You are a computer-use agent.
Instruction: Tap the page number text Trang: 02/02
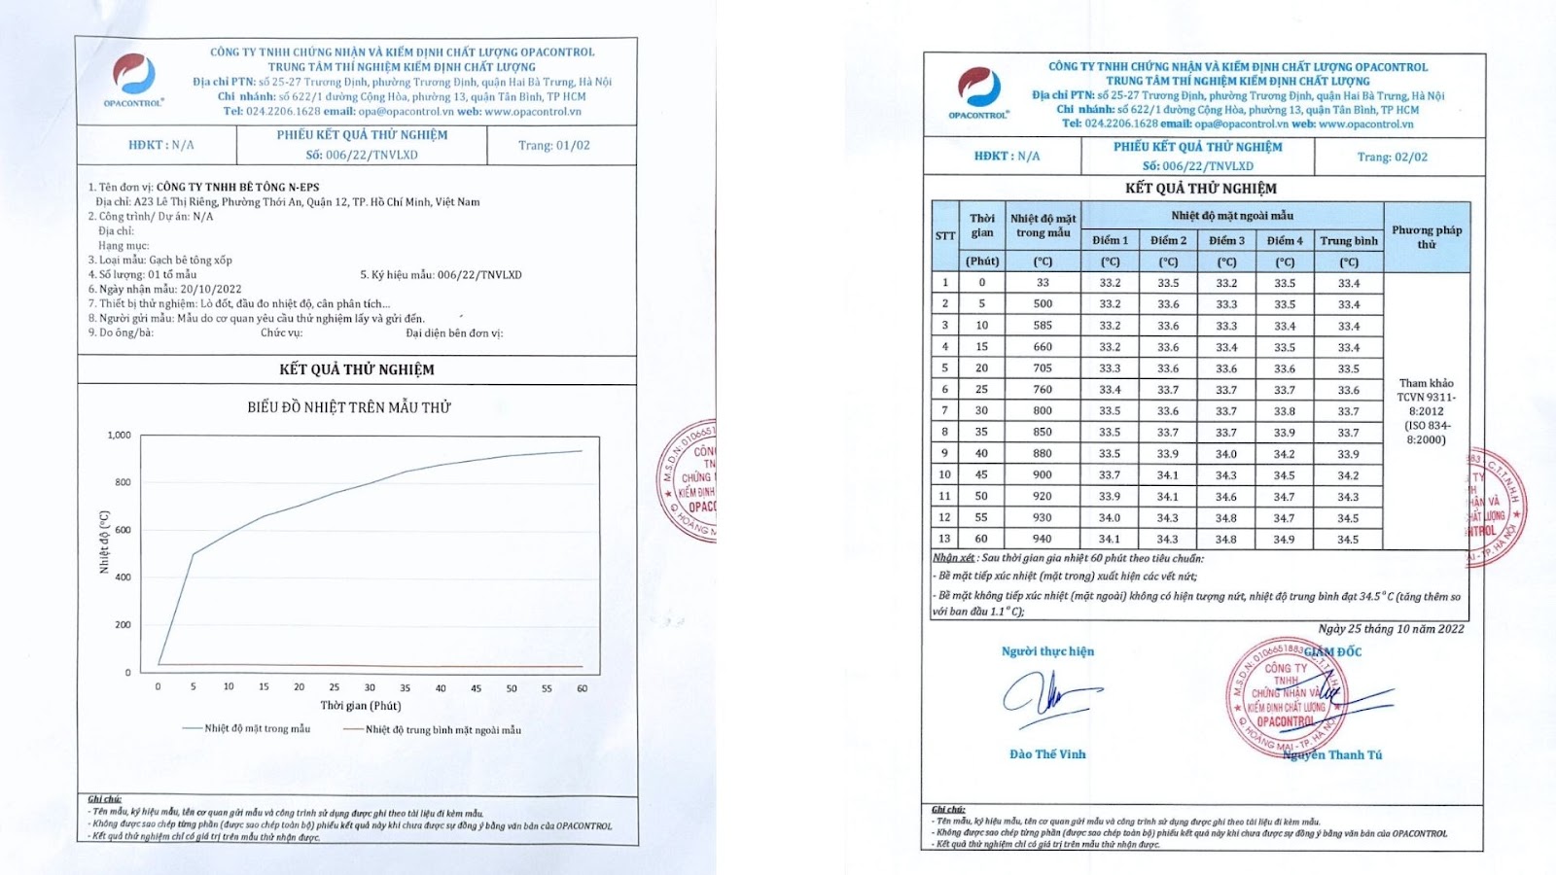[1392, 157]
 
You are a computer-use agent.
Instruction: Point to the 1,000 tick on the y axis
[119, 435]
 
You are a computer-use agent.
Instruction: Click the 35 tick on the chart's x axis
[405, 687]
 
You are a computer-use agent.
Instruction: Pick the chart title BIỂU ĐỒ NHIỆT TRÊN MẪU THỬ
[349, 407]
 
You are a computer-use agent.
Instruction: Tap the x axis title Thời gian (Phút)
[361, 705]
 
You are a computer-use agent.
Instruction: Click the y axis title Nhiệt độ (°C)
[104, 542]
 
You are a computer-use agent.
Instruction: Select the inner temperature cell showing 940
[1043, 539]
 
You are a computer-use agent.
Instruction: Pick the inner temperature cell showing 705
[1043, 368]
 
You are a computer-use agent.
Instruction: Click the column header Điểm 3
[1226, 240]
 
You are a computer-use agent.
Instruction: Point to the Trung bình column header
[1348, 240]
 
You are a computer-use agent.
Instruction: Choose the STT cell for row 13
[944, 539]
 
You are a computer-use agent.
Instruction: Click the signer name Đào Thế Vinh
[1047, 754]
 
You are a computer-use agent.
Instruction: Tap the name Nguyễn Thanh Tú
[1331, 754]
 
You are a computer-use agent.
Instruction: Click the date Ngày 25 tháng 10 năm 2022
[1391, 629]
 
